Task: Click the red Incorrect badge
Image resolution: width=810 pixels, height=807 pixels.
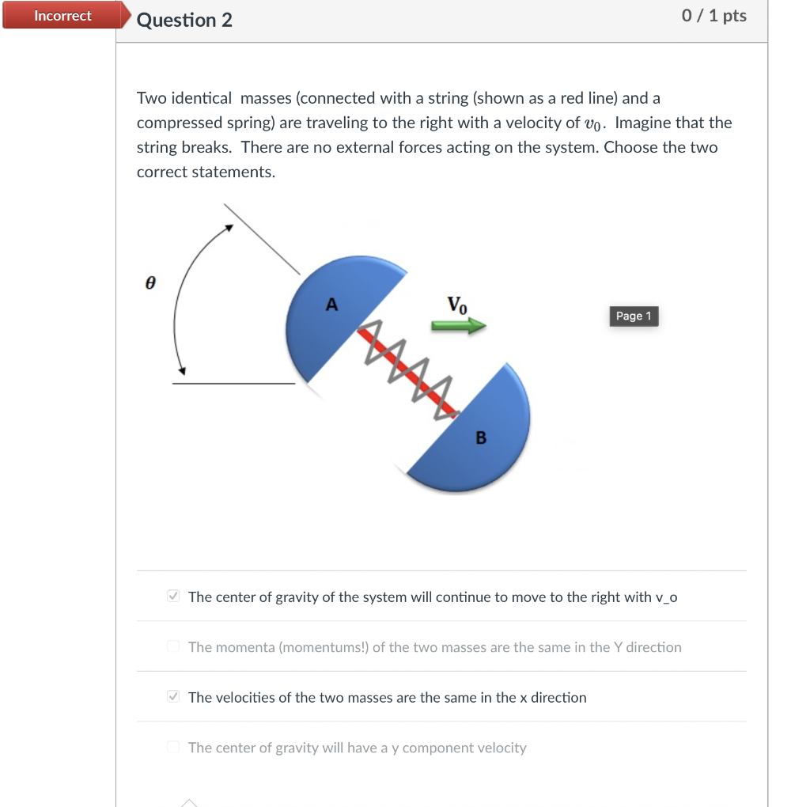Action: tap(62, 16)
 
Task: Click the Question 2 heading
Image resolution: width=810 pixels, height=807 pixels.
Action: tap(184, 20)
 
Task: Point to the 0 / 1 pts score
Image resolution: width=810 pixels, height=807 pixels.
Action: tap(713, 16)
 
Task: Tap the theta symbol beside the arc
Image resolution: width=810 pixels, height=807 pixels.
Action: tap(150, 282)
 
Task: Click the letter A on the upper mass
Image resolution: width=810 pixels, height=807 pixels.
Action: tap(331, 304)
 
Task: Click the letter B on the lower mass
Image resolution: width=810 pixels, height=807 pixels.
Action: tap(481, 438)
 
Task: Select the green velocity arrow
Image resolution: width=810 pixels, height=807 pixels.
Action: tap(458, 325)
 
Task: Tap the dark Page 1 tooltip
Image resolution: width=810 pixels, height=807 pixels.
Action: tap(634, 316)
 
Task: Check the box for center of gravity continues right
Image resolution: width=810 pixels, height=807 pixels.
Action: tap(174, 597)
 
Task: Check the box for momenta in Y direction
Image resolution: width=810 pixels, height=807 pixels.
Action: tap(174, 647)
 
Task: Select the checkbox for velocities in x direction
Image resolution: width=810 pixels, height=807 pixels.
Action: tap(174, 697)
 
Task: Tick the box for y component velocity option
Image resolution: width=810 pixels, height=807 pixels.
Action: tap(174, 748)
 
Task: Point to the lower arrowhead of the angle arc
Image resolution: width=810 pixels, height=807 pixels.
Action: tap(182, 371)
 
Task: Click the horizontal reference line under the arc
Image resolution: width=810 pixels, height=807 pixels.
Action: tap(233, 384)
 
